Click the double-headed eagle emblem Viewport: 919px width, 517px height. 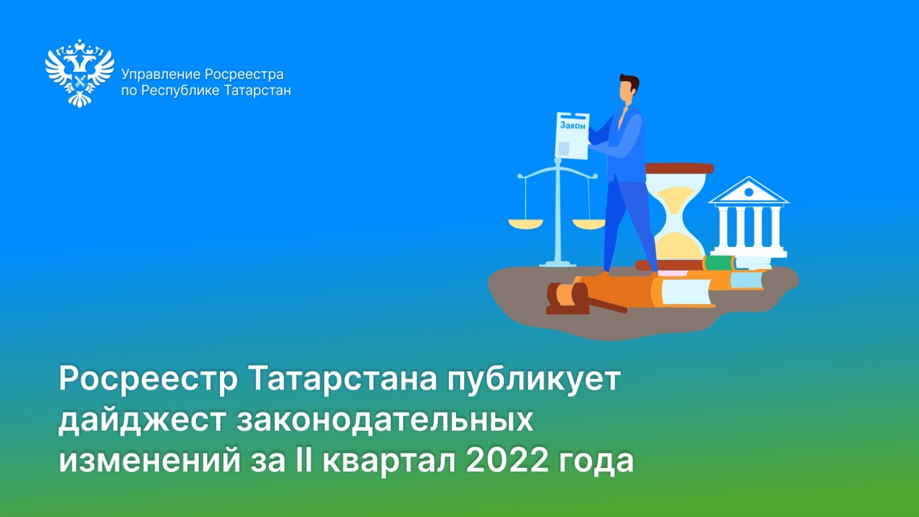(x=80, y=74)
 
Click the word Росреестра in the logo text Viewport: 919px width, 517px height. (x=244, y=75)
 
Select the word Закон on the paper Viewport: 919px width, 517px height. (x=573, y=126)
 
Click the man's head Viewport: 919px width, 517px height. (x=628, y=89)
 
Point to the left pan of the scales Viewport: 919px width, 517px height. (x=526, y=223)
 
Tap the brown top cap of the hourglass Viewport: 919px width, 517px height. (x=679, y=168)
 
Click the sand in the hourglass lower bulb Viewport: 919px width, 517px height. (x=677, y=245)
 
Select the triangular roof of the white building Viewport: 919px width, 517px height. (x=749, y=190)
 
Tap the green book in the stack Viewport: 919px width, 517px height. (x=719, y=263)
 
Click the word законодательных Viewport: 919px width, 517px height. (x=385, y=420)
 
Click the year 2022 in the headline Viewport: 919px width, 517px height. (x=507, y=461)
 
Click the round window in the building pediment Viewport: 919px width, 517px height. (x=749, y=192)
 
